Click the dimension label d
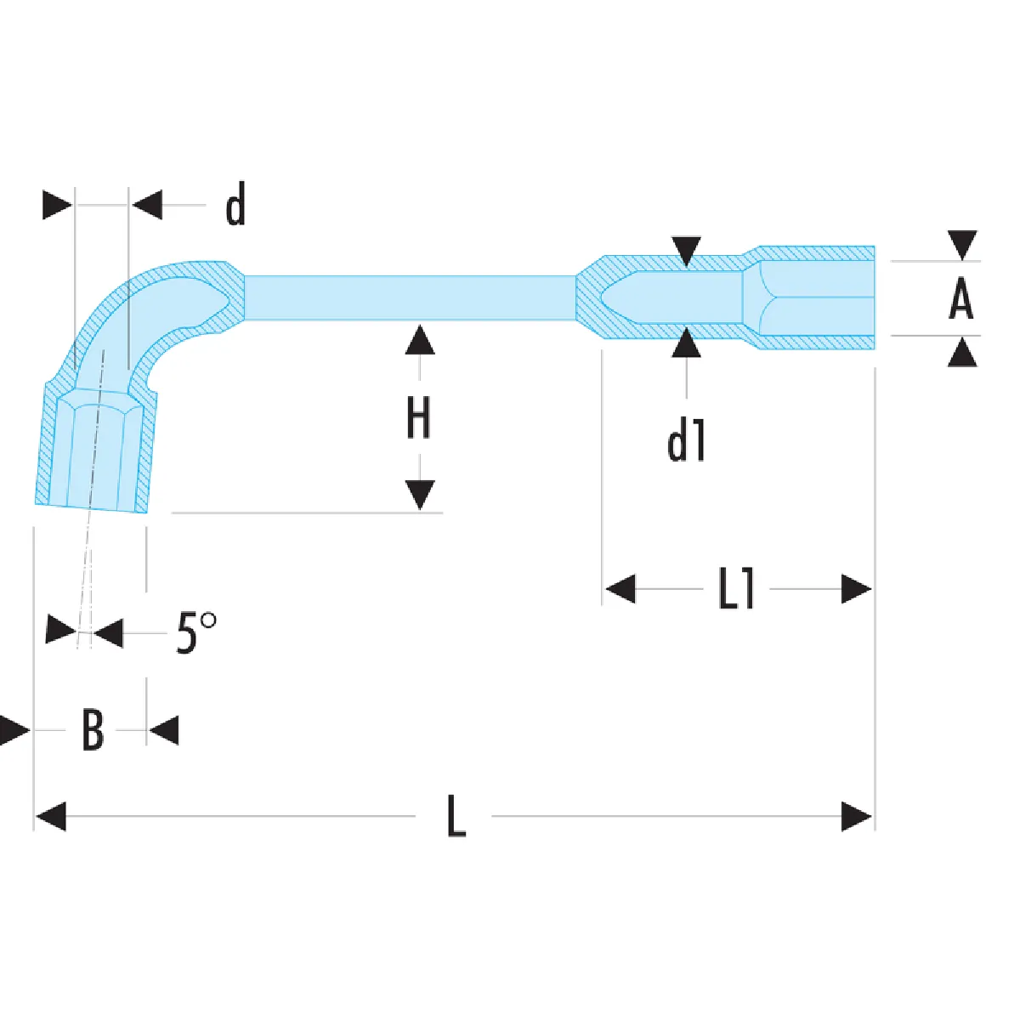tap(235, 204)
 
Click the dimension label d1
tap(686, 443)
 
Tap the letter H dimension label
tap(418, 418)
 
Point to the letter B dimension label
tap(93, 730)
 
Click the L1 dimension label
tap(736, 588)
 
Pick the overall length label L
tap(456, 816)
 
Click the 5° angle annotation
tap(195, 633)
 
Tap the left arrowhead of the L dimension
tap(51, 816)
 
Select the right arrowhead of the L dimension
tap(857, 816)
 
